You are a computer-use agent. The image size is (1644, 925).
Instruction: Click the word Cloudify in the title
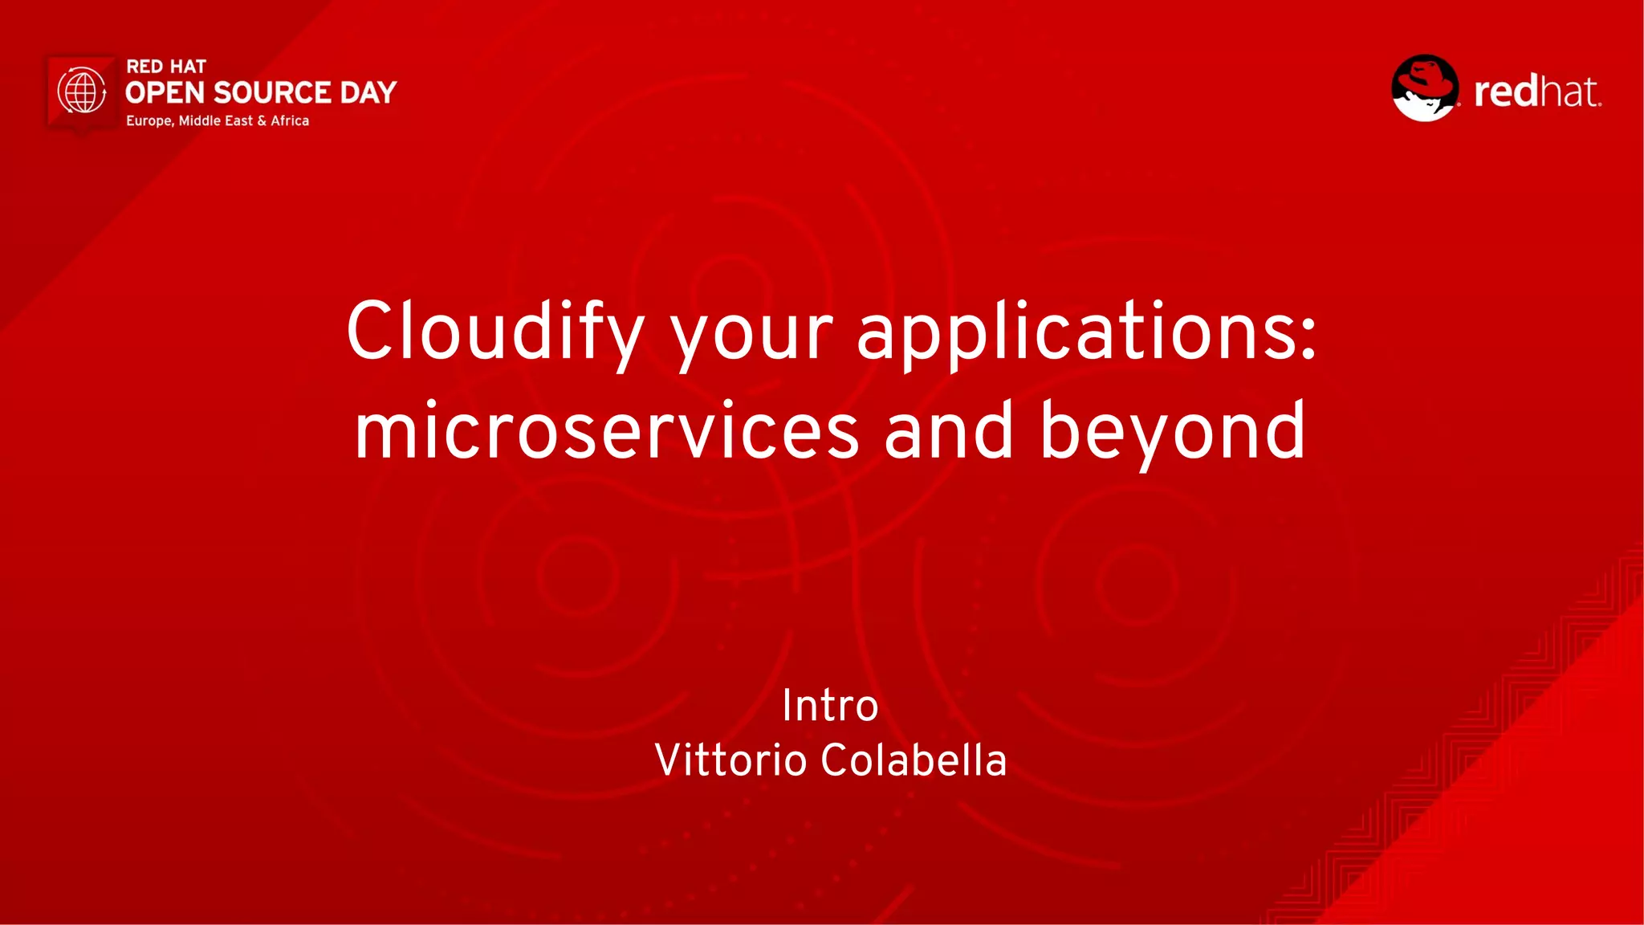point(494,331)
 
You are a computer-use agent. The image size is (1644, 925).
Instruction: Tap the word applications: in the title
point(1087,331)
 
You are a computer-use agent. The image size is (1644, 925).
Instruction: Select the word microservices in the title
point(607,431)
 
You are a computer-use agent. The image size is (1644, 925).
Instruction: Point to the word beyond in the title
point(1173,431)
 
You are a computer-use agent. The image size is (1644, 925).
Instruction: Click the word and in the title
point(949,431)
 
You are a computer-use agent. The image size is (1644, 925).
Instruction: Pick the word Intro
point(830,706)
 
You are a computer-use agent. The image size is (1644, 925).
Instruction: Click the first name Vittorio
point(730,760)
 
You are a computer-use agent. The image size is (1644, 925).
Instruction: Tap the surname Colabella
point(914,760)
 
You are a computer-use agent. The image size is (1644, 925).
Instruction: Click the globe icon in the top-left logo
point(82,91)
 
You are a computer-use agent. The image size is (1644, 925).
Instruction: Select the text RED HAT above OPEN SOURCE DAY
point(166,67)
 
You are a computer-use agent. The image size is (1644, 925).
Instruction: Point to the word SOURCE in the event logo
point(272,93)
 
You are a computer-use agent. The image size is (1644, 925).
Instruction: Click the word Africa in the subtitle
point(290,121)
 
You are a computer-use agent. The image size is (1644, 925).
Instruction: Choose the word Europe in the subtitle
point(149,121)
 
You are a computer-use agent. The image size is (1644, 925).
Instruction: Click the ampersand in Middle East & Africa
point(262,121)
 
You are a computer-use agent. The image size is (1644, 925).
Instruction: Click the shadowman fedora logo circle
point(1425,88)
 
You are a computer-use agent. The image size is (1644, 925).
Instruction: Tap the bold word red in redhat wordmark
point(1504,92)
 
